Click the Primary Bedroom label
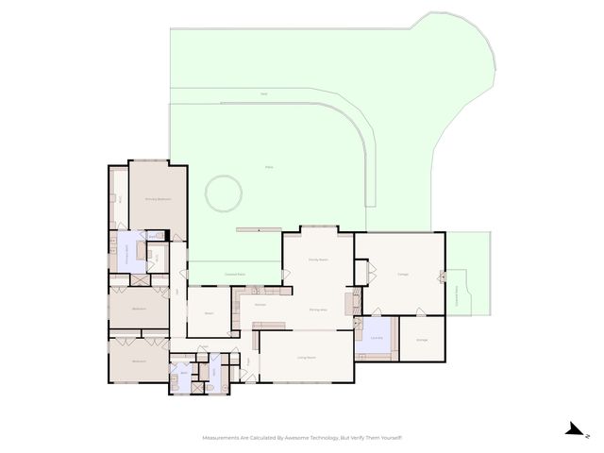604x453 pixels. click(158, 200)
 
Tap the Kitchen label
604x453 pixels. click(260, 305)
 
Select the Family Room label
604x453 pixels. click(318, 260)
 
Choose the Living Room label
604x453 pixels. click(307, 358)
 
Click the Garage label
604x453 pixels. click(392, 275)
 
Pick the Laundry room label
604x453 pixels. click(377, 339)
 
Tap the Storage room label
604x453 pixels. click(422, 341)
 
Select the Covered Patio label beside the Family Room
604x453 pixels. click(236, 274)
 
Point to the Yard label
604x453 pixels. click(264, 94)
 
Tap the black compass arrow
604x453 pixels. click(572, 429)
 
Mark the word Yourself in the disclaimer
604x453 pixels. click(388, 438)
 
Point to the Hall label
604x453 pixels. click(176, 293)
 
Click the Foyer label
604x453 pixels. click(249, 361)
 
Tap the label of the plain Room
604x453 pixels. click(209, 313)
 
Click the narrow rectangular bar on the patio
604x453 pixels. click(258, 227)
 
